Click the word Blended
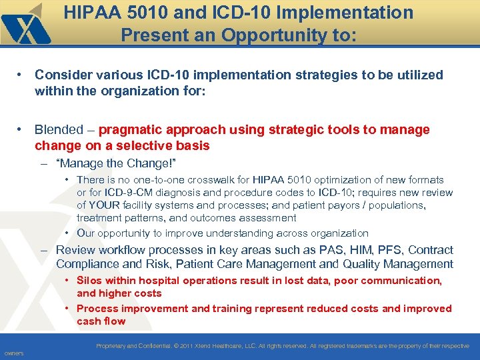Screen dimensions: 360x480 pos(59,129)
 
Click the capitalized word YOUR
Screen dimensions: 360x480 pos(103,205)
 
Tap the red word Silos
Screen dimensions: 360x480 pos(89,281)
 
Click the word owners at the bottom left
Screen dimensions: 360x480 pos(13,353)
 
